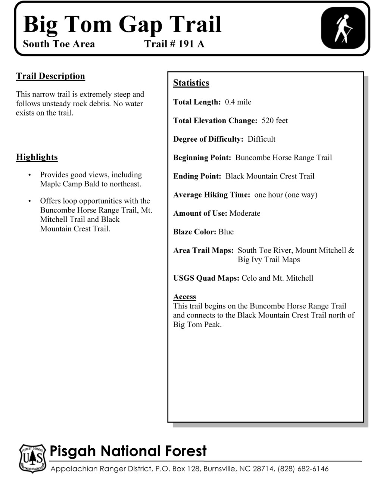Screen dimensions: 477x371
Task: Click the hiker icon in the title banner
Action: coord(343,29)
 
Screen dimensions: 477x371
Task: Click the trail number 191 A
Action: coord(174,44)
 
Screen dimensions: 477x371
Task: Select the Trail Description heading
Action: coord(50,76)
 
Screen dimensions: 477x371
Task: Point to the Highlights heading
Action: coord(37,157)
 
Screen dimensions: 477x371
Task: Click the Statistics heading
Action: coord(191,83)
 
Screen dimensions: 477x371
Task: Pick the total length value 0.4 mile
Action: coord(238,102)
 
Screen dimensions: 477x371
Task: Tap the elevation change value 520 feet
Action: coord(275,121)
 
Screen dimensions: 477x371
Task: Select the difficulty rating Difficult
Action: coord(261,139)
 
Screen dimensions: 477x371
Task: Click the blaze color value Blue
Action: coord(226,232)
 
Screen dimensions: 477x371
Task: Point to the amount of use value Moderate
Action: coord(245,213)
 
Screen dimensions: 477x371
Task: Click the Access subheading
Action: coord(184,297)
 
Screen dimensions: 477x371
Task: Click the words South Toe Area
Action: coord(59,44)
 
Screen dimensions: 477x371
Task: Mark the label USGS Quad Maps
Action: coord(206,278)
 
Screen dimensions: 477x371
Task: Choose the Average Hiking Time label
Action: coord(211,195)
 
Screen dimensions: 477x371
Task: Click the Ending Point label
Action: coord(197,176)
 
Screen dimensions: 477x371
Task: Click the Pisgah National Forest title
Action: coord(128,451)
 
